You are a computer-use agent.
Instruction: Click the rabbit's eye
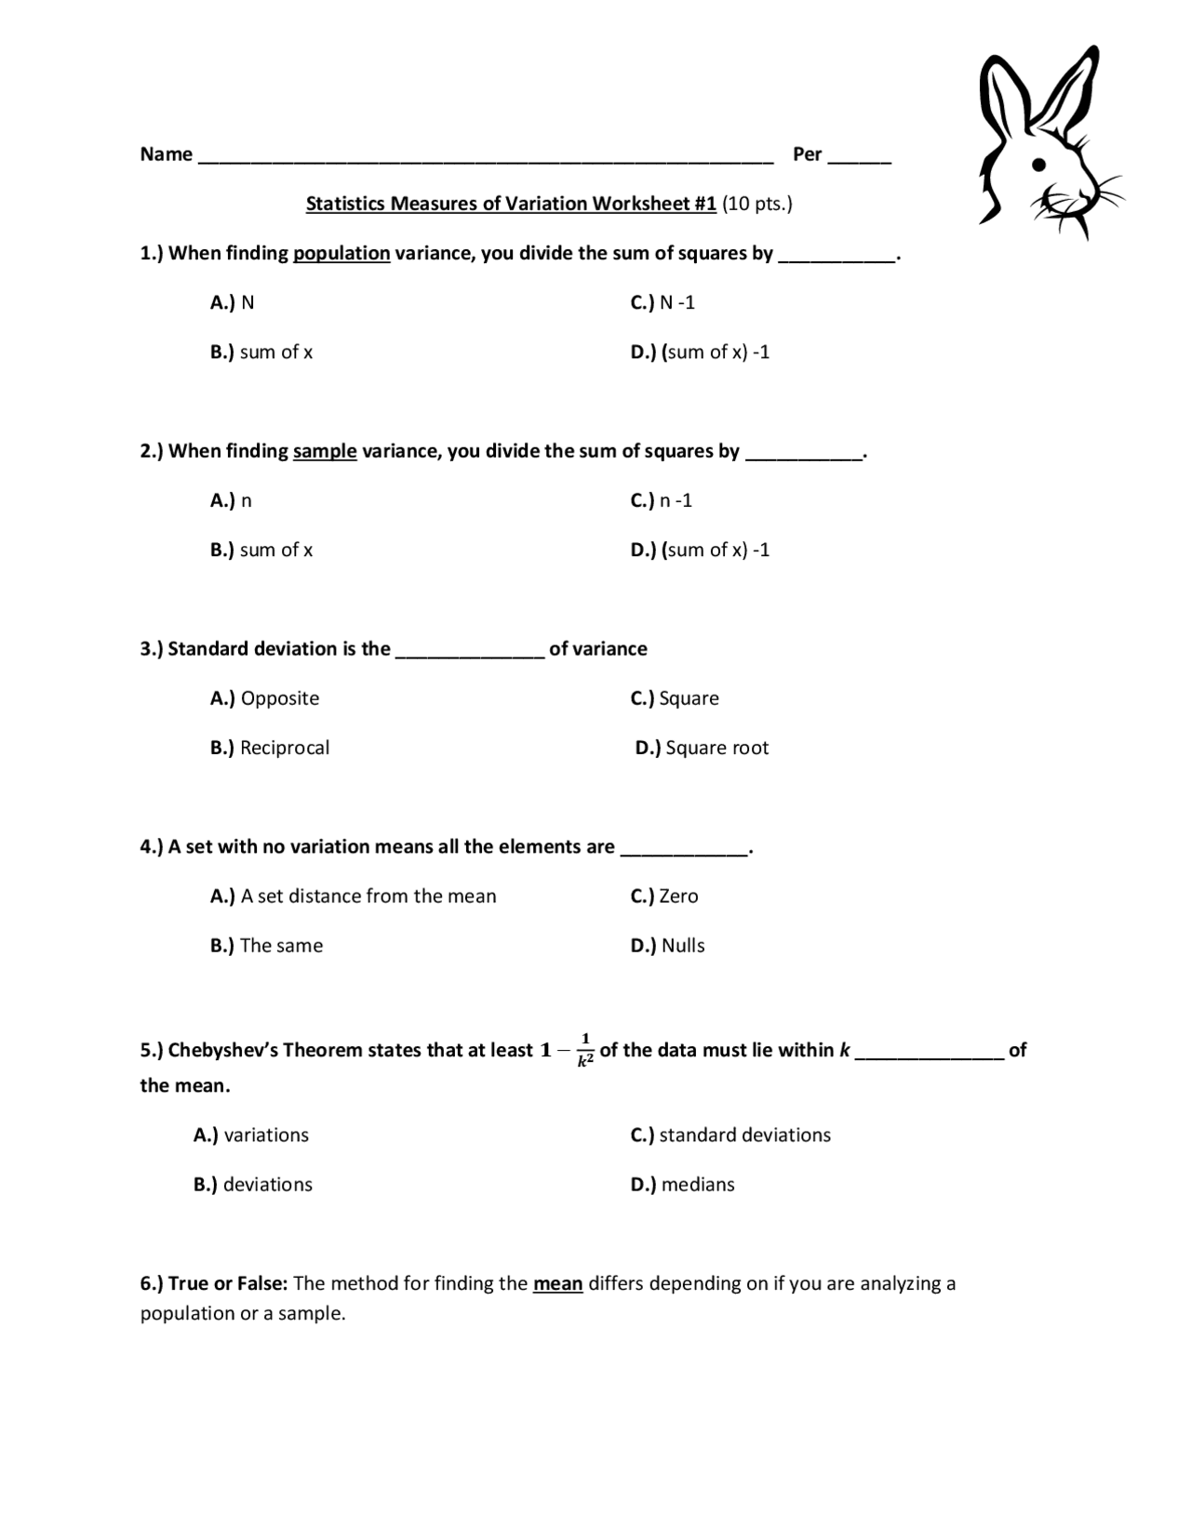[1040, 165]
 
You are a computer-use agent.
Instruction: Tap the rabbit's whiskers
[1103, 195]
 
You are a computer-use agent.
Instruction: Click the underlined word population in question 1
[341, 253]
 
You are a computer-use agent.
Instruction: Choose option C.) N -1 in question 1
[662, 302]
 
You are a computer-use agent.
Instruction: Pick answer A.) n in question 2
[231, 500]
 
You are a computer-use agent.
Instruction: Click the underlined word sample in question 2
[325, 451]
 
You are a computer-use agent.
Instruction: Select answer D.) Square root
[702, 748]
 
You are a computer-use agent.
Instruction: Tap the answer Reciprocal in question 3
[284, 748]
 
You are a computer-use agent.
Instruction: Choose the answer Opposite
[279, 698]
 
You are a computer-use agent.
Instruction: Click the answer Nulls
[682, 946]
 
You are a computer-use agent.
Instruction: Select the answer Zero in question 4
[677, 896]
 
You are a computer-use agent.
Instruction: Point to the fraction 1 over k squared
[585, 1049]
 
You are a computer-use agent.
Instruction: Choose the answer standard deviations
[744, 1135]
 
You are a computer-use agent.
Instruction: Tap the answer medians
[697, 1184]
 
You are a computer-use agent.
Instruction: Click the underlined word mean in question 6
[557, 1283]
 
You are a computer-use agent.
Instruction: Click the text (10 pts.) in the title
[756, 204]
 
